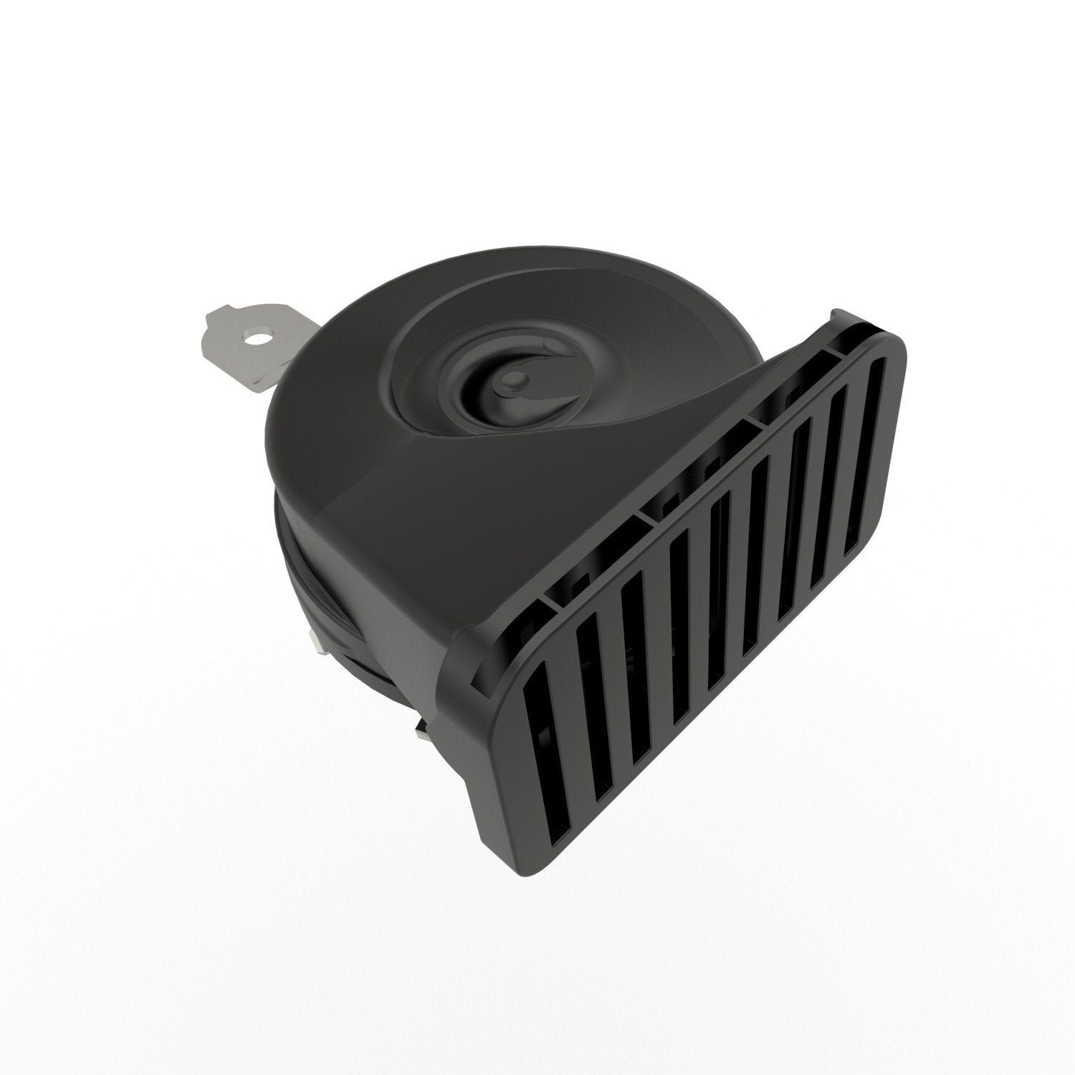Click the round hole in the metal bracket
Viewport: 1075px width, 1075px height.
[260, 335]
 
